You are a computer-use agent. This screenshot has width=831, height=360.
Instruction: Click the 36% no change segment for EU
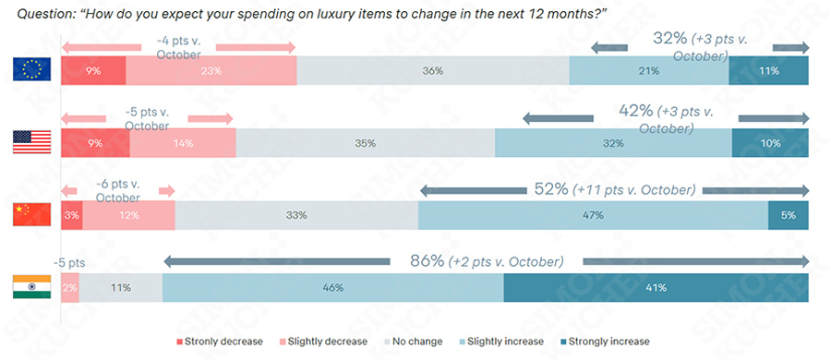(432, 70)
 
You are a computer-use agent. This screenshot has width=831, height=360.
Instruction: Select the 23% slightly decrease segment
(211, 70)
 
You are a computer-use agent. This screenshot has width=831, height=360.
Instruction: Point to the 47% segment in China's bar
(593, 215)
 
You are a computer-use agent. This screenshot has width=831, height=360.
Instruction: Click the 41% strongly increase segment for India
(656, 287)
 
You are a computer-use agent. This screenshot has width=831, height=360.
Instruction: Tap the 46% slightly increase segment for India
(332, 287)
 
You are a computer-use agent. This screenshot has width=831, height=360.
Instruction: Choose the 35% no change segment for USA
(365, 143)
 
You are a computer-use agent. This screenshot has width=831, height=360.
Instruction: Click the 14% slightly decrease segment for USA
(183, 143)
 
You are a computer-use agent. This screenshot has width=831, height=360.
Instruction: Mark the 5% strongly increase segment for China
(788, 215)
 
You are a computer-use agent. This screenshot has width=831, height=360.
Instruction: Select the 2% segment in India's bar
(70, 287)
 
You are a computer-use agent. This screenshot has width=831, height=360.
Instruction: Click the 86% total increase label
(428, 261)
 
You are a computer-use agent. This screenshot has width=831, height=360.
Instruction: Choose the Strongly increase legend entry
(610, 342)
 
